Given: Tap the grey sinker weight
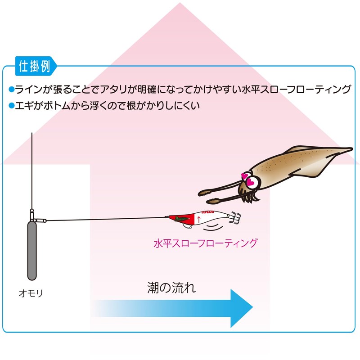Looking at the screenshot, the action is pyautogui.click(x=32, y=251).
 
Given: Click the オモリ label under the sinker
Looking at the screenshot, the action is pyautogui.click(x=31, y=293).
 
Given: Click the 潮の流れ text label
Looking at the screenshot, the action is pyautogui.click(x=171, y=288).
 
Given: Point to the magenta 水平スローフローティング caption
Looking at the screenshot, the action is pyautogui.click(x=206, y=243).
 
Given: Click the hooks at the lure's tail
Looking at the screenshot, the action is pyautogui.click(x=235, y=218).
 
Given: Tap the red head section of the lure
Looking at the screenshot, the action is pyautogui.click(x=183, y=218).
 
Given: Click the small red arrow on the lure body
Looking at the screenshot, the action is pyautogui.click(x=199, y=220).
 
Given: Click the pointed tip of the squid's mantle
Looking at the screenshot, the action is pyautogui.click(x=352, y=149).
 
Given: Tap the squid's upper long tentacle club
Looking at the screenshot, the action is pyautogui.click(x=205, y=193).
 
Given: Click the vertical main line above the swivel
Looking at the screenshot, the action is pyautogui.click(x=32, y=171).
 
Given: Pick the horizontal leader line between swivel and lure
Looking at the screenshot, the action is pyautogui.click(x=106, y=219).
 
